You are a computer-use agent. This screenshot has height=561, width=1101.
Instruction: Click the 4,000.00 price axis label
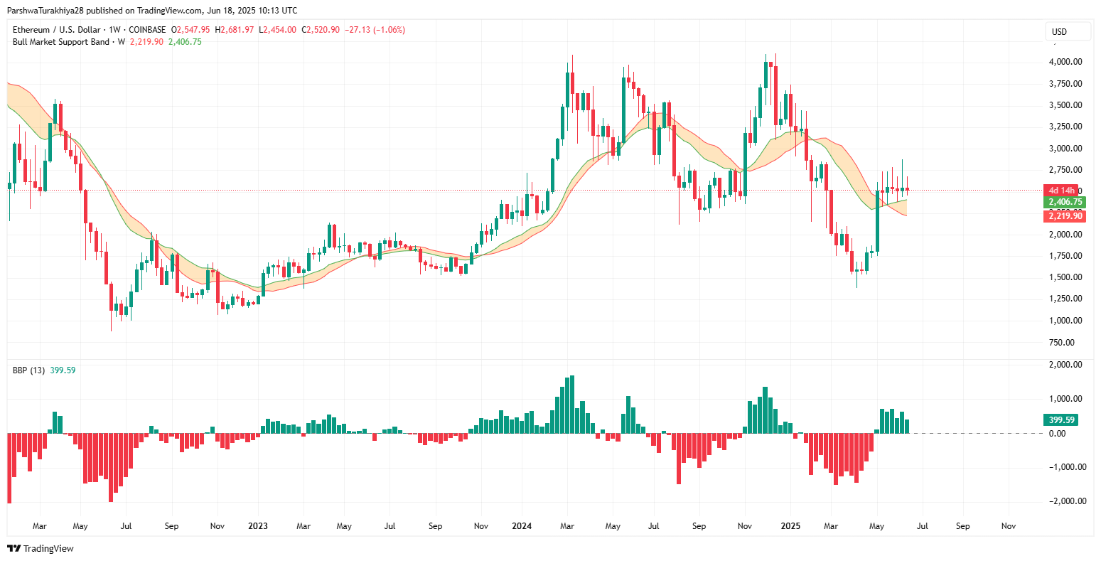[1065, 62]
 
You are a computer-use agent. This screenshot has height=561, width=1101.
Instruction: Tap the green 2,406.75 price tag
[1065, 203]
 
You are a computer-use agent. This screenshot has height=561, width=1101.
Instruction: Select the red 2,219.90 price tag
[1065, 216]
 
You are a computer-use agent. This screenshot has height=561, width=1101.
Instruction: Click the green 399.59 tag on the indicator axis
[1060, 420]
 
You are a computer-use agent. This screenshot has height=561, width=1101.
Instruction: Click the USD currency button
[1059, 32]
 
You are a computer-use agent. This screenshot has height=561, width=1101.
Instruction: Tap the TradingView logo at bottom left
[41, 548]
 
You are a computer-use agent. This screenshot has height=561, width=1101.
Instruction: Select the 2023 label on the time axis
[257, 526]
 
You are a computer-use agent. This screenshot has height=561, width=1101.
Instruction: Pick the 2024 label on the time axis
[522, 526]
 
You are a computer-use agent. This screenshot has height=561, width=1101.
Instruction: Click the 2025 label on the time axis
[790, 526]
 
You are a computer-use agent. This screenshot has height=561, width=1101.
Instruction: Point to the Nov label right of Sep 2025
[1008, 526]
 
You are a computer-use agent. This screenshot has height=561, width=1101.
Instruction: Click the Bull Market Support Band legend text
[61, 42]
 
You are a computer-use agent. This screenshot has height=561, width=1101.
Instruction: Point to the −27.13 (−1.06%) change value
[375, 30]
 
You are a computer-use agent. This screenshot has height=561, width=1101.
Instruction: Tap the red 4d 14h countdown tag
[1061, 191]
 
